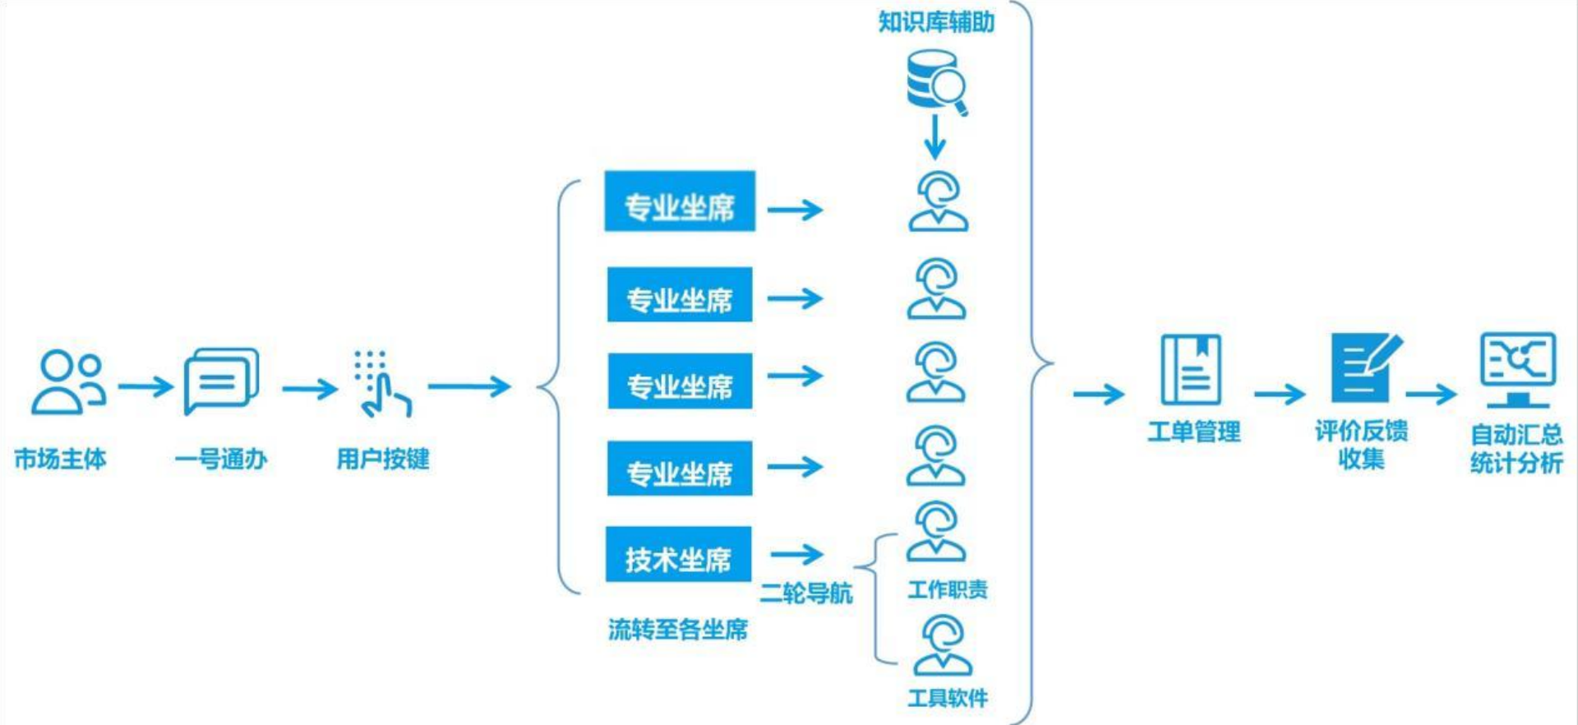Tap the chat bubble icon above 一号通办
[221, 380]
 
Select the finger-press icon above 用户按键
[381, 384]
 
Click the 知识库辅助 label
[936, 22]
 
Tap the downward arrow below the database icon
[934, 137]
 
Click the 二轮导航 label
[805, 593]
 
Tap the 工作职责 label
[947, 589]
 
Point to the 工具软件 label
[947, 698]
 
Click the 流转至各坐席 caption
[678, 630]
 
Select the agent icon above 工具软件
[943, 646]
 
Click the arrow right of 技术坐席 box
[796, 554]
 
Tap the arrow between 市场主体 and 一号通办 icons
[145, 386]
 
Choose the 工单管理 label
[1193, 432]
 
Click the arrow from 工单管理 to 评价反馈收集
[1280, 395]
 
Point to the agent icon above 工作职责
[935, 532]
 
